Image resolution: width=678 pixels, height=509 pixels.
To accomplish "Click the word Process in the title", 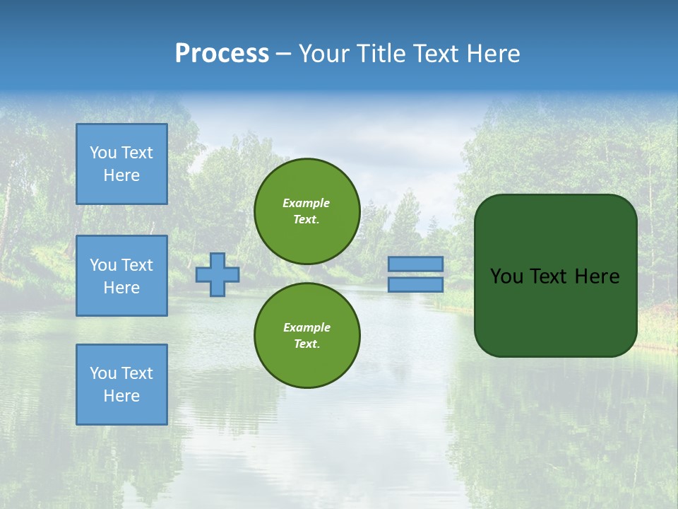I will [x=222, y=54].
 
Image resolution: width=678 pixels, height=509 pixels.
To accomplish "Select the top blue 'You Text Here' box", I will [x=121, y=164].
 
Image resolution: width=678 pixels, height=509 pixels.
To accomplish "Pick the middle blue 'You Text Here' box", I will [x=121, y=276].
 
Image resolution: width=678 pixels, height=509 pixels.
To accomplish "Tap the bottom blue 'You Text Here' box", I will [x=121, y=384].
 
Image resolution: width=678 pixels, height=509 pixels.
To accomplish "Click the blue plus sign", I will [x=218, y=274].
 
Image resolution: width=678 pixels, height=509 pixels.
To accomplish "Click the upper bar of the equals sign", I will [x=415, y=264].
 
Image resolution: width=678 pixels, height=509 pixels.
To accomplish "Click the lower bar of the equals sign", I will [x=415, y=284].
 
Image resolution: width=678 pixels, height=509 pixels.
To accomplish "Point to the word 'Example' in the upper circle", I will [x=306, y=203].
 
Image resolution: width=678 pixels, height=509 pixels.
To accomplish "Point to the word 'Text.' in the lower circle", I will [x=307, y=344].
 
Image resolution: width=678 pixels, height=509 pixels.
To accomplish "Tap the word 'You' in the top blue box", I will [x=103, y=153].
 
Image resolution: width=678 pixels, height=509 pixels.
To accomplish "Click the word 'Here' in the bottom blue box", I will [x=121, y=396].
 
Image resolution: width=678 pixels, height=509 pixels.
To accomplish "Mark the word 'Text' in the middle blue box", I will [x=137, y=265].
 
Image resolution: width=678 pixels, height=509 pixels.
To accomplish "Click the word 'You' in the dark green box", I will [x=506, y=276].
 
